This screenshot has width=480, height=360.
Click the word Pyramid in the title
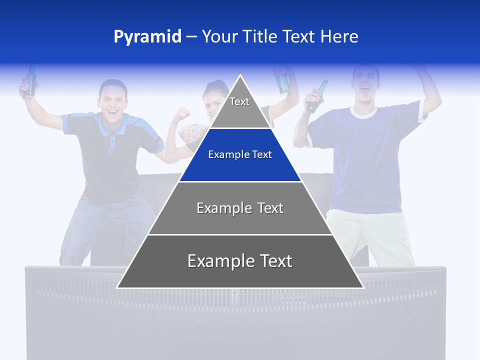pyautogui.click(x=147, y=37)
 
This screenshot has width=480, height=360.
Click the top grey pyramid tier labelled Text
pyautogui.click(x=239, y=107)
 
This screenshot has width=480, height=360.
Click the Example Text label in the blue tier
pyautogui.click(x=240, y=154)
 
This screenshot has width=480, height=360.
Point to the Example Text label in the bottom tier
pyautogui.click(x=240, y=261)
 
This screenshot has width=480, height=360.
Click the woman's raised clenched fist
pyautogui.click(x=183, y=114)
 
